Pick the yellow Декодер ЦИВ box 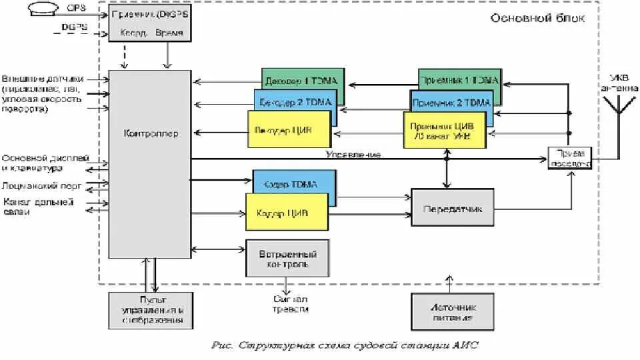(289, 129)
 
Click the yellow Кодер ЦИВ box (287, 213)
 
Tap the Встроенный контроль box (287, 258)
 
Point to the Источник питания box (452, 311)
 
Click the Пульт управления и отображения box (151, 311)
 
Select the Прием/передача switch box (569, 157)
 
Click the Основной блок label (537, 18)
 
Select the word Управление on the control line (353, 155)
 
